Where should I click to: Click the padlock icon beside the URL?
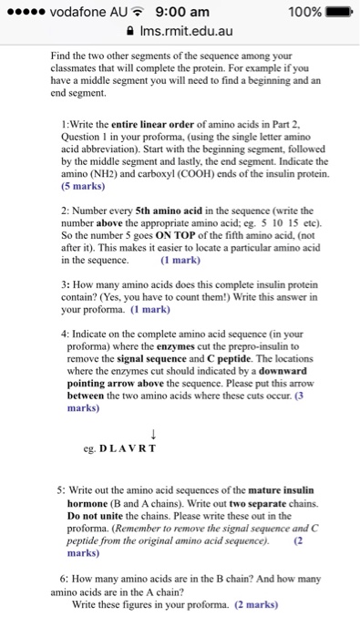135,33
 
